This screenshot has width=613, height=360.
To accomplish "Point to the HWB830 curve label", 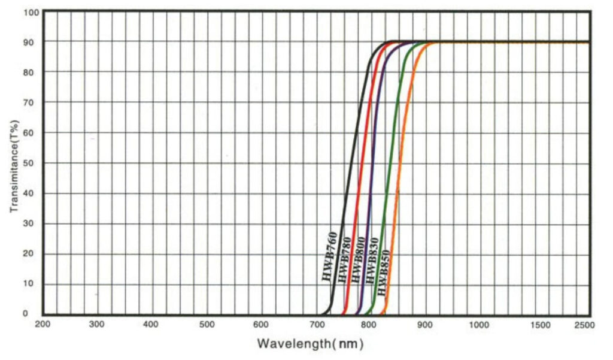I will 372,267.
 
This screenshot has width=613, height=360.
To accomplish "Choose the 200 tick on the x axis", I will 43,324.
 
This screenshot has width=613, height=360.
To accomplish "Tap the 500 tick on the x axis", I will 207,324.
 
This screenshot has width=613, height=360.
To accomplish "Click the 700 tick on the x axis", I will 316,324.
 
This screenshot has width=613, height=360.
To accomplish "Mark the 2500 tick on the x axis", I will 584,324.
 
